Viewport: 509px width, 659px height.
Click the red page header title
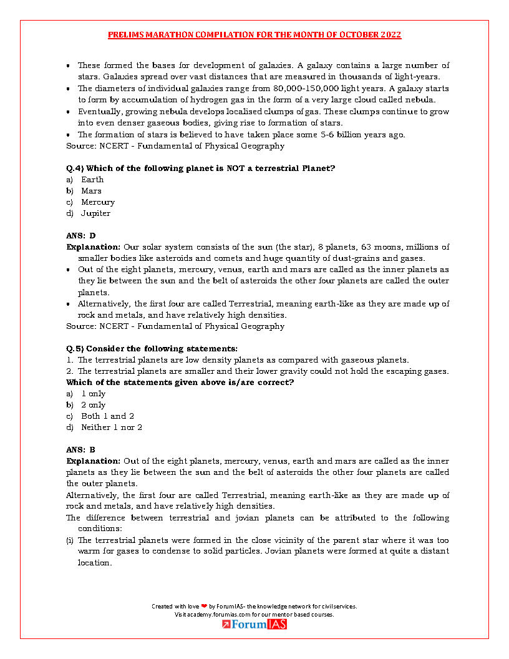[254, 35]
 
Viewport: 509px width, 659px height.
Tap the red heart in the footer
[204, 606]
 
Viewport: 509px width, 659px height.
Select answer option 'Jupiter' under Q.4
[95, 213]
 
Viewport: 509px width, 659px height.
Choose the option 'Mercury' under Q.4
[97, 202]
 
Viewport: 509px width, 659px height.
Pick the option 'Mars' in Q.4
[91, 191]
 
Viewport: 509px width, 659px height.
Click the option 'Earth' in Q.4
[92, 180]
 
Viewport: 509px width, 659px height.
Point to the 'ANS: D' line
[81, 236]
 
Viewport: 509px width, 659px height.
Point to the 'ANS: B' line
[81, 449]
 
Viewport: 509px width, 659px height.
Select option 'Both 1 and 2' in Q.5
[107, 416]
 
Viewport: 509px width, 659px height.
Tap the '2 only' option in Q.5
[93, 405]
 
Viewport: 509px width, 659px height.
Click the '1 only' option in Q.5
[93, 394]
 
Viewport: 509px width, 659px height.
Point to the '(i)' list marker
[70, 540]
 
